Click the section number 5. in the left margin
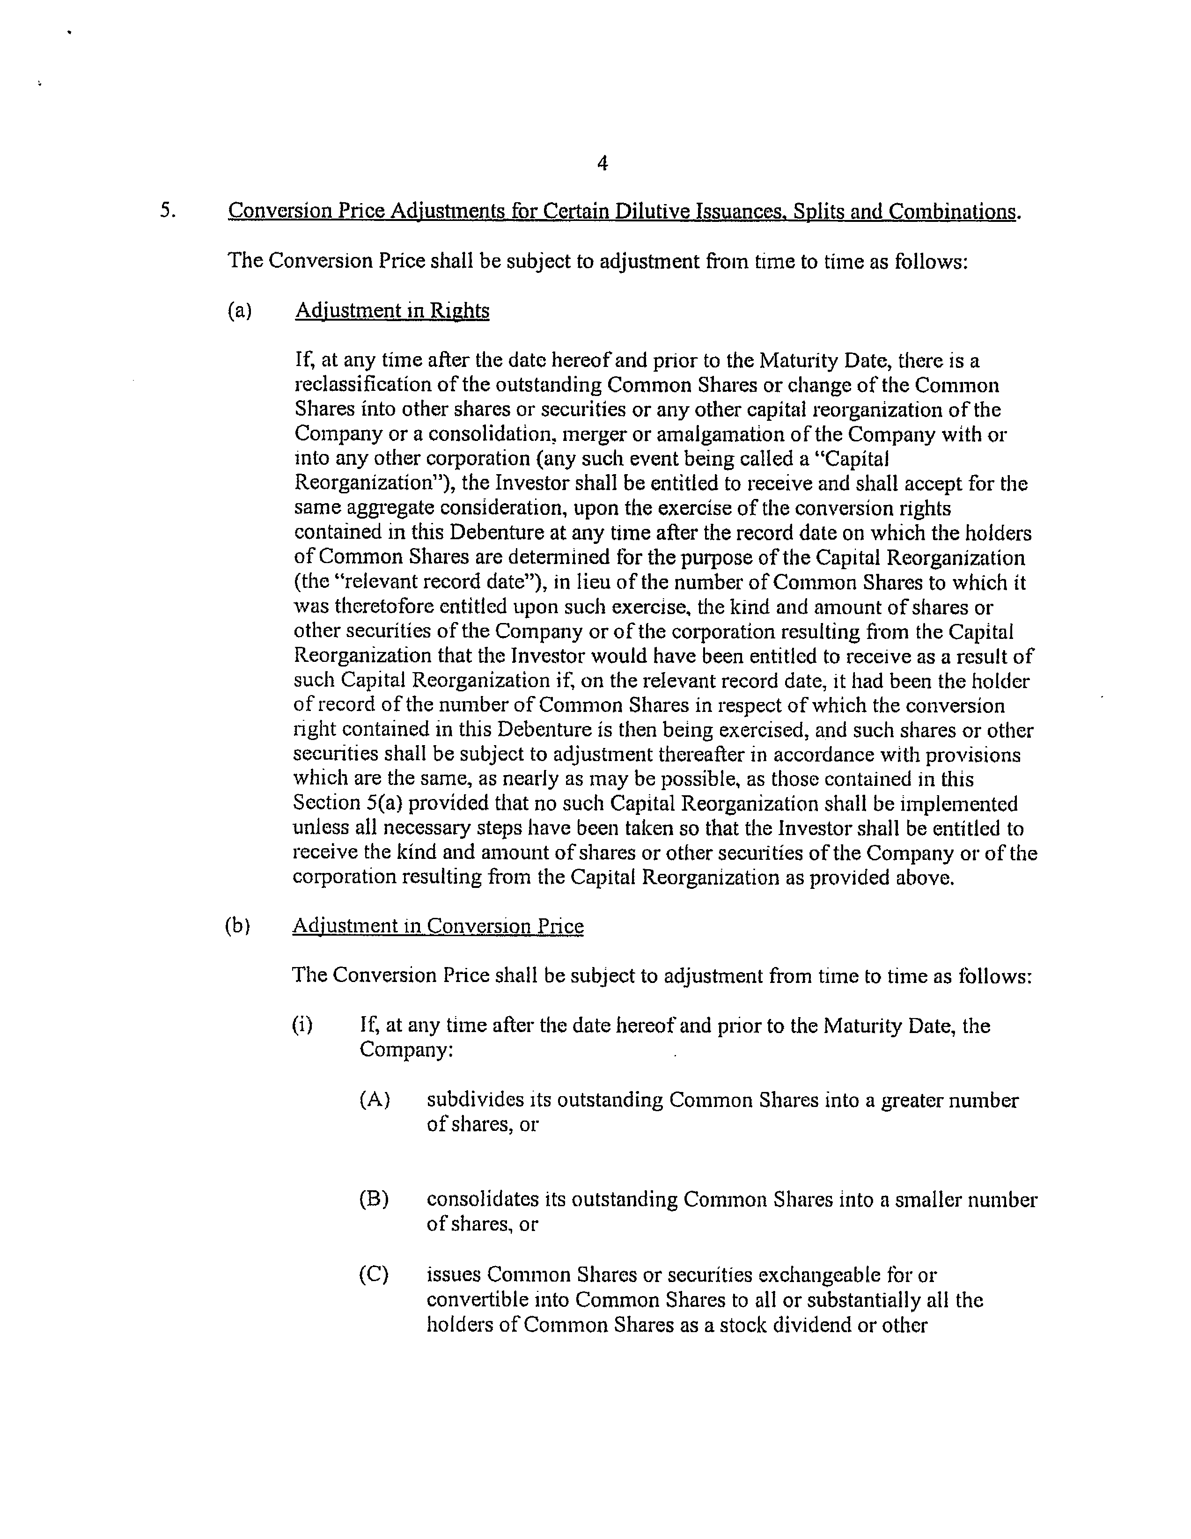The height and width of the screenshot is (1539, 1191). point(167,210)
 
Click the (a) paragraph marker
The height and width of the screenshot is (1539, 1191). point(240,311)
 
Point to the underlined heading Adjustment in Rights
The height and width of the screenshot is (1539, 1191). point(392,311)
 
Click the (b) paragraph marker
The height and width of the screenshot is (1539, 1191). point(237,925)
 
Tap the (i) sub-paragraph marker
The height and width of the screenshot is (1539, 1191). point(301,1025)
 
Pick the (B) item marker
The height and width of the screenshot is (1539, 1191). point(374,1199)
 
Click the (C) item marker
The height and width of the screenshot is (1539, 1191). point(374,1274)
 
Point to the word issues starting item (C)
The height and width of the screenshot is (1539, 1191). point(454,1274)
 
